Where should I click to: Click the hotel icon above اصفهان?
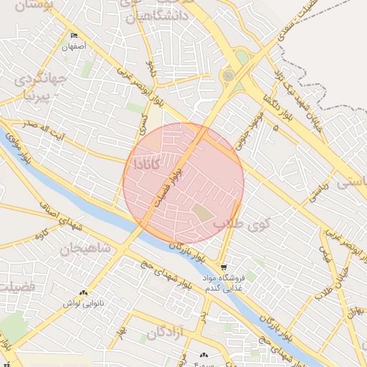click(74, 36)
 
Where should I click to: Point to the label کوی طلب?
click(239, 224)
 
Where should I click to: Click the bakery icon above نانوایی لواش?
click(84, 293)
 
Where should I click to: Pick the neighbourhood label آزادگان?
click(166, 333)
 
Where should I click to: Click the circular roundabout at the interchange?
click(229, 75)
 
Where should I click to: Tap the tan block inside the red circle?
click(203, 213)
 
